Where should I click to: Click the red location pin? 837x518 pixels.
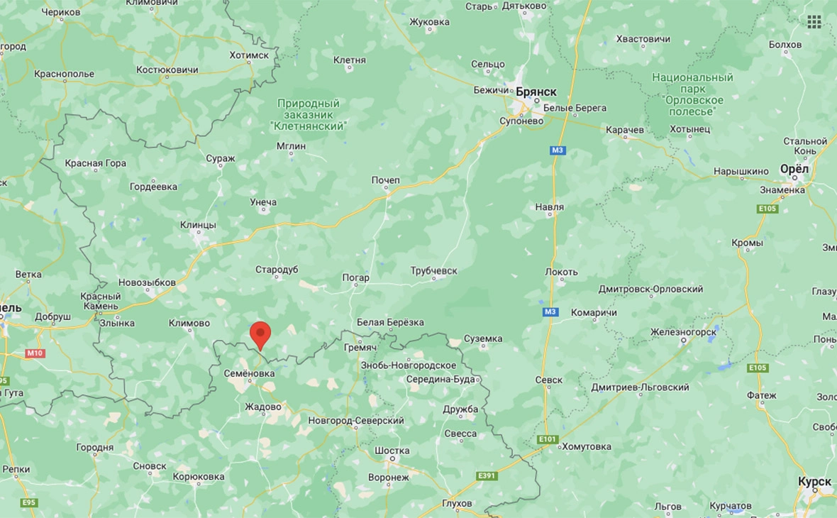[x=260, y=334]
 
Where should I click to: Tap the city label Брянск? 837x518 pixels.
[x=536, y=92]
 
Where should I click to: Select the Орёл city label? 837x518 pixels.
[x=794, y=170]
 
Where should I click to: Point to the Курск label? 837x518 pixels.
[x=814, y=482]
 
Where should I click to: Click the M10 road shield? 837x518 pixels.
[x=34, y=353]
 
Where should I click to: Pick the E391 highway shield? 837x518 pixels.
[x=487, y=475]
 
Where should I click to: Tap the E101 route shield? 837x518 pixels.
[x=547, y=439]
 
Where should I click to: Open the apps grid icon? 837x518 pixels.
[x=814, y=22]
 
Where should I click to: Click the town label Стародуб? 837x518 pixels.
[x=277, y=270]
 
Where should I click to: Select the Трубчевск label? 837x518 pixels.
[x=433, y=271]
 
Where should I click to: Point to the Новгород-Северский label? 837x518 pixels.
[x=356, y=421]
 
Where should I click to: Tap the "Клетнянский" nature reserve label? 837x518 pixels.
[x=309, y=114]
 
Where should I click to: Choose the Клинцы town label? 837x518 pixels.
[x=198, y=225]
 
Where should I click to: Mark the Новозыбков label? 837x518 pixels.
[x=147, y=282]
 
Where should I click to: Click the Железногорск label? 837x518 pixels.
[x=684, y=331]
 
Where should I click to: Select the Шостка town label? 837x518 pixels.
[x=392, y=451]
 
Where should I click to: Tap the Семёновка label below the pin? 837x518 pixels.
[x=249, y=373]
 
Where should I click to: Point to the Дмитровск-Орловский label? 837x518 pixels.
[x=650, y=289]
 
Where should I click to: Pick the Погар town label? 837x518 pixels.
[x=355, y=277]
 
